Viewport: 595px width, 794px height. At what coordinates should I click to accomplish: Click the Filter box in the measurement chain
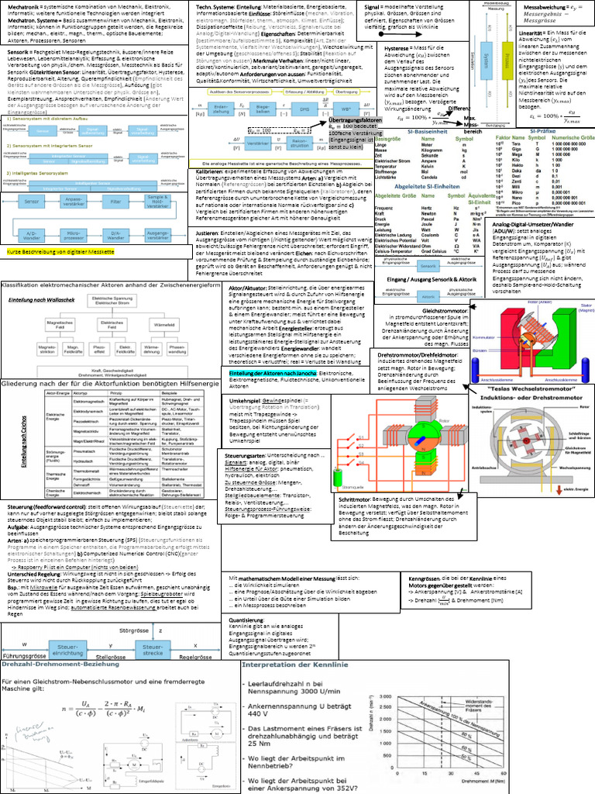(x=115, y=202)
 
